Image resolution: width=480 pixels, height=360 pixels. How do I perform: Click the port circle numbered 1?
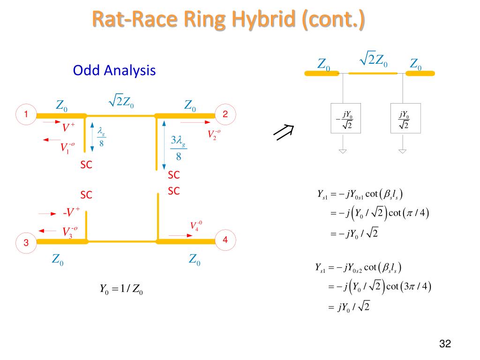(x=26, y=114)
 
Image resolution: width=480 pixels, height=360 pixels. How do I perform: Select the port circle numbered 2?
(x=225, y=114)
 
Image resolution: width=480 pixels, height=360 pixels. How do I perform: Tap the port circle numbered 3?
(x=26, y=243)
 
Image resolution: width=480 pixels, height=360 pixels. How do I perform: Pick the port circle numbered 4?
(x=225, y=240)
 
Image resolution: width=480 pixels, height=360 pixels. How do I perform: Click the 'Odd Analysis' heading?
(x=114, y=71)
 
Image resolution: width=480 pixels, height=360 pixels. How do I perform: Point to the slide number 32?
(x=445, y=344)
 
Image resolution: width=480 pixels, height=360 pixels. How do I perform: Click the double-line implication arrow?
(x=283, y=132)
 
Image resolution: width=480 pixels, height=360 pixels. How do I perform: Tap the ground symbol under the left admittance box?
(x=343, y=151)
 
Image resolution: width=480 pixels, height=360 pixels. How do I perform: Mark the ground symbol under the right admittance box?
(x=403, y=151)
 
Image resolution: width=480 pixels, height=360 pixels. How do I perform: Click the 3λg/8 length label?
(x=179, y=148)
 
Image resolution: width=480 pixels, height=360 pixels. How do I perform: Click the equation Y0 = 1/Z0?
(x=121, y=289)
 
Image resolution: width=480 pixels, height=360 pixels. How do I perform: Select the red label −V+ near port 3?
(x=71, y=212)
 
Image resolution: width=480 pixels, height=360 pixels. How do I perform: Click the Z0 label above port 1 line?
(x=61, y=105)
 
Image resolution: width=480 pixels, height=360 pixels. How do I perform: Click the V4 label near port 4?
(x=196, y=226)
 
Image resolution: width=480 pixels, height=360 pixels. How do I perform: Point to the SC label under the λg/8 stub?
(x=86, y=165)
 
